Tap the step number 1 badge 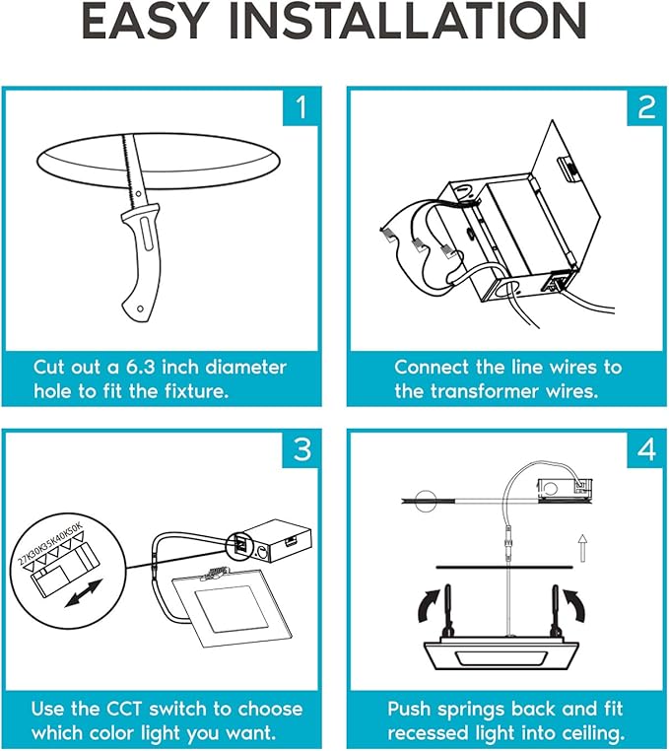pos(301,107)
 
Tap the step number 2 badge pos(646,107)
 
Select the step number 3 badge pos(301,449)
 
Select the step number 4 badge pos(646,449)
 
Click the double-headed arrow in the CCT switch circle pos(84,593)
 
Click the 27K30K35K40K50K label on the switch pos(51,544)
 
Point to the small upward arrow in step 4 pos(582,548)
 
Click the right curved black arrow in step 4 pos(574,605)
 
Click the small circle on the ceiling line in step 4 pos(426,501)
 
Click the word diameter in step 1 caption pos(245,368)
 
